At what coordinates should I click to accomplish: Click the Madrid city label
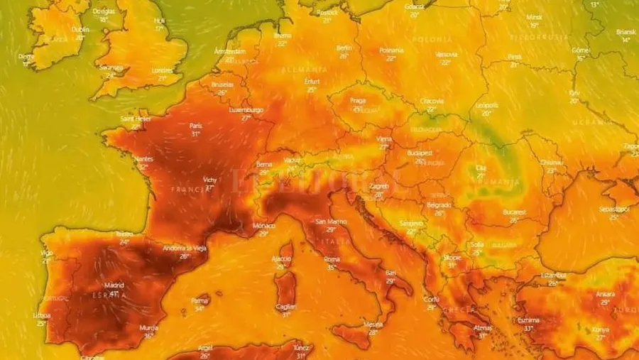[114, 285]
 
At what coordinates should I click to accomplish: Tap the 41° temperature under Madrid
[114, 293]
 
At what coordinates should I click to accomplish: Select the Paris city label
[196, 126]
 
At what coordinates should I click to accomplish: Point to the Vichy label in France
[210, 180]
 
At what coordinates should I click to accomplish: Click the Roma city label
[332, 260]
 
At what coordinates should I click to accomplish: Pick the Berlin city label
[344, 48]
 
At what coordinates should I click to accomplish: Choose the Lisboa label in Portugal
[42, 315]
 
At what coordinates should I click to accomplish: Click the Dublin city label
[81, 30]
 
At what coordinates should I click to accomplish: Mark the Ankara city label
[606, 294]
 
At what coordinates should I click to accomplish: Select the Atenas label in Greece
[482, 327]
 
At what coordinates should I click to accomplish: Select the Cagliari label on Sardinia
[287, 307]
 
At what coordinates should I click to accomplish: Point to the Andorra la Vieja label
[185, 248]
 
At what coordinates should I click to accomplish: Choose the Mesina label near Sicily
[373, 324]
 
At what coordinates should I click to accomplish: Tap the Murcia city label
[148, 328]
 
